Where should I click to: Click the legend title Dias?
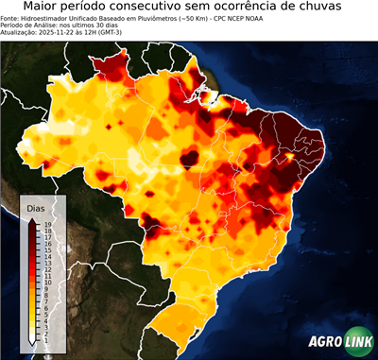[36, 208]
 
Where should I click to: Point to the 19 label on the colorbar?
[45, 224]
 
